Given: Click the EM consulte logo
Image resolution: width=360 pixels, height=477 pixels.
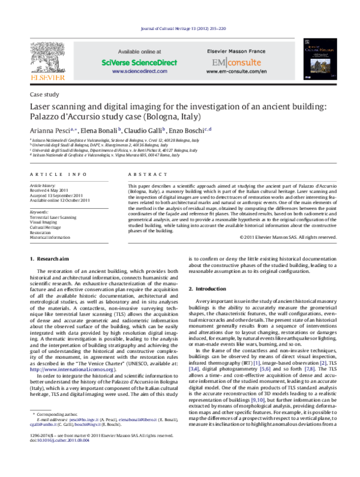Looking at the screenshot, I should [236, 62].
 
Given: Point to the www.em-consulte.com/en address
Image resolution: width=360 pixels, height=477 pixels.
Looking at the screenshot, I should [236, 71].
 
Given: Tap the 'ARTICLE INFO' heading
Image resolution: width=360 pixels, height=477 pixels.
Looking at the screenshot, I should [56, 174].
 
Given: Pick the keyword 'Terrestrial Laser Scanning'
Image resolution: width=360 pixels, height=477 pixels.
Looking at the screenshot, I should [53, 217].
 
